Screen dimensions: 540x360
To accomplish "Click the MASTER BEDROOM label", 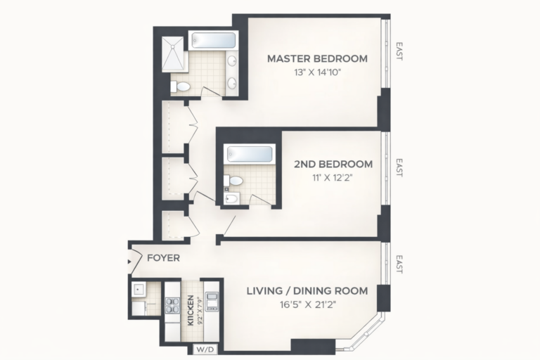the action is [x=317, y=58].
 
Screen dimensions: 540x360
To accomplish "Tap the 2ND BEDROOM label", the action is [x=333, y=164].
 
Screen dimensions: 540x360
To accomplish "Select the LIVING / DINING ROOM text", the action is [x=307, y=291].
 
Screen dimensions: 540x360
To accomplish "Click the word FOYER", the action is [x=163, y=257].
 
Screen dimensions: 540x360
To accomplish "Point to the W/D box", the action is [x=205, y=349].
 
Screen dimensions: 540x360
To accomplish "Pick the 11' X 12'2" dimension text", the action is [x=333, y=178].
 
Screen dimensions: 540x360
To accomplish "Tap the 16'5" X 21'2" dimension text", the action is [x=308, y=304].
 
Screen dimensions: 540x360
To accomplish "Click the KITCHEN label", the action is [x=190, y=310].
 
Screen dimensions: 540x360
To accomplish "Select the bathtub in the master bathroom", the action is [x=214, y=41].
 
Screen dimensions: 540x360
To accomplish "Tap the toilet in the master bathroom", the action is [x=181, y=86].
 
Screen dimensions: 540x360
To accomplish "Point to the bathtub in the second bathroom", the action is [x=250, y=154].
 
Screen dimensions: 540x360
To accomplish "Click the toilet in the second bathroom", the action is [x=233, y=181].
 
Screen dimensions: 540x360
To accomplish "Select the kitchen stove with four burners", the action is [x=172, y=305].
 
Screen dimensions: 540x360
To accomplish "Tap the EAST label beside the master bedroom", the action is [x=399, y=51].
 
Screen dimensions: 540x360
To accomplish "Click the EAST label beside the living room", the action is [x=399, y=264].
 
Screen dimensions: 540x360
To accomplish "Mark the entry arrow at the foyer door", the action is [x=129, y=262].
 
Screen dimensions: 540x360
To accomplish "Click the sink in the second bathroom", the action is [x=232, y=198].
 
